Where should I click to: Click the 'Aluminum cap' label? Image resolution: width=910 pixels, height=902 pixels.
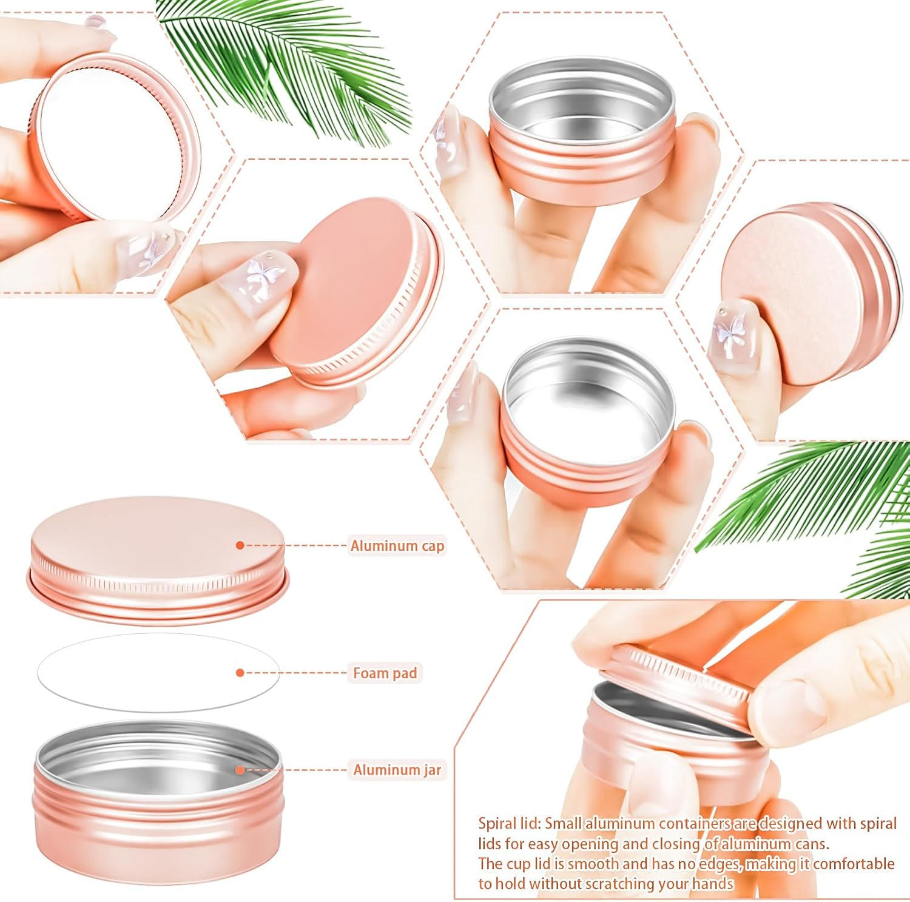point(397,546)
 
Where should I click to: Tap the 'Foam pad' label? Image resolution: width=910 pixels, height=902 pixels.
point(385,673)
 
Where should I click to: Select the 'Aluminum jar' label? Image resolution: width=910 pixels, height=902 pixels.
point(397,770)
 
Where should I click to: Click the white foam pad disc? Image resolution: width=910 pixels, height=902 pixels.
point(140,672)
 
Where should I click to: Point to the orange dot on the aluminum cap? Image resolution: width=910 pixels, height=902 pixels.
point(240,545)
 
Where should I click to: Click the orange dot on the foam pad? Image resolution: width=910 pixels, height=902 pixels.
point(240,673)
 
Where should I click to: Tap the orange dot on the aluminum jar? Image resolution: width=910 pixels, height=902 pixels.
point(240,770)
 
